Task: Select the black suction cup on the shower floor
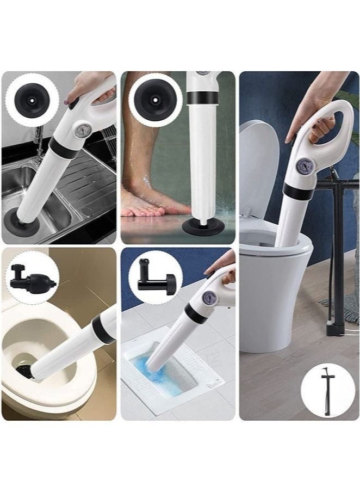[x=202, y=225]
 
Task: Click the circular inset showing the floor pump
[x=327, y=392]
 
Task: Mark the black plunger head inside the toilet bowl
[x=24, y=372]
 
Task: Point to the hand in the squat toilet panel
[x=223, y=265]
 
